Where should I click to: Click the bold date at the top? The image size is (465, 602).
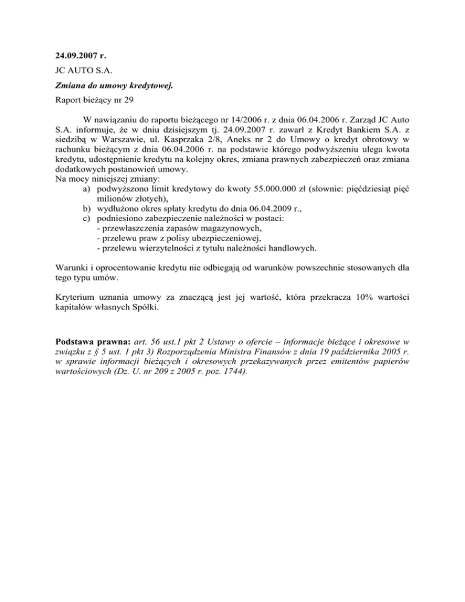click(81, 56)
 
